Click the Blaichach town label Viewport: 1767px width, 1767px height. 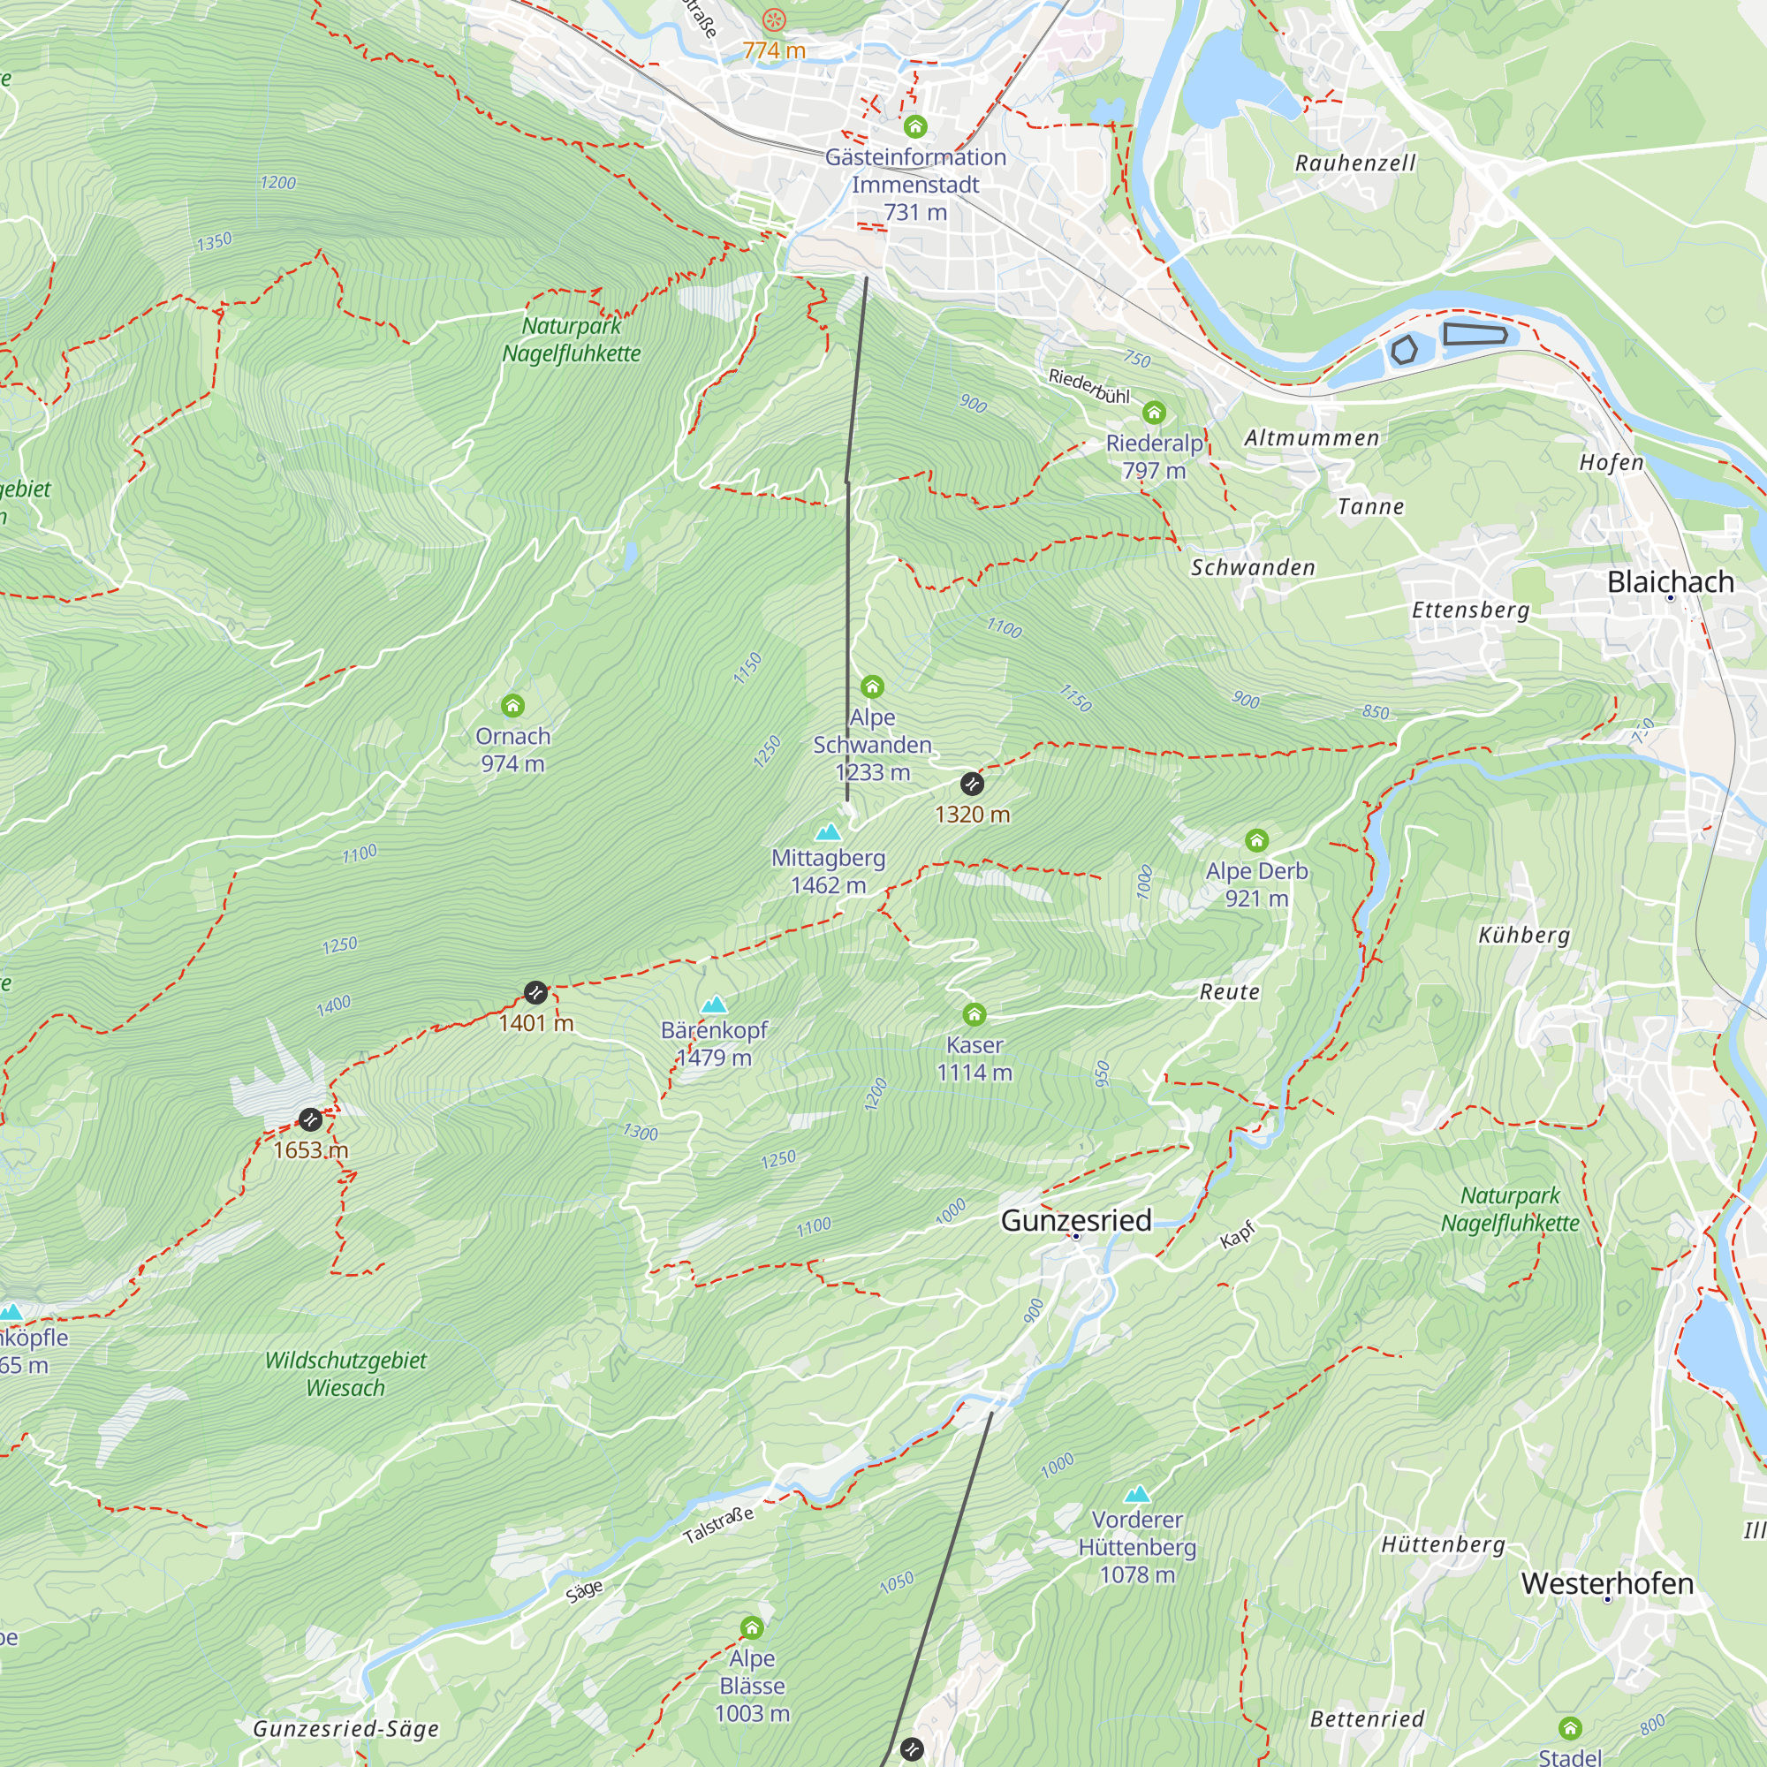(1670, 581)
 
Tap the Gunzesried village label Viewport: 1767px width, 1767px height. (1075, 1220)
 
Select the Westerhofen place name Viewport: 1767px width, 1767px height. (1607, 1583)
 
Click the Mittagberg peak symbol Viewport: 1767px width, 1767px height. (828, 831)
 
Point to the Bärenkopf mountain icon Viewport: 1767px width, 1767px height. (713, 1005)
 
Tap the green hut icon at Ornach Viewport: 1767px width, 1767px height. (512, 705)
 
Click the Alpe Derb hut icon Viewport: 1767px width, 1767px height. (1256, 839)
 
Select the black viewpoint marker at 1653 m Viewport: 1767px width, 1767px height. (310, 1119)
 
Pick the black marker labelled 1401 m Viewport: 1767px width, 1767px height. (536, 992)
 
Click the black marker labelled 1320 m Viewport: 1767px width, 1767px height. (972, 784)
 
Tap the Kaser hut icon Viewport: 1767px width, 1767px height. (974, 1014)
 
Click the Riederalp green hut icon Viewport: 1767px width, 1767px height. (1154, 413)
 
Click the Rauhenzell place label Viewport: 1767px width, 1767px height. (1355, 163)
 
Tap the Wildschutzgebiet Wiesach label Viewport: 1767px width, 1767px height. (345, 1374)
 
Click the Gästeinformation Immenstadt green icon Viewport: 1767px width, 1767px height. (915, 126)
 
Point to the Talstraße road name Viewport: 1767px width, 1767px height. (719, 1525)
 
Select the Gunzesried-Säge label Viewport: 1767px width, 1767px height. (345, 1729)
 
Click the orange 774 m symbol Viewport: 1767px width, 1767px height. (774, 19)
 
